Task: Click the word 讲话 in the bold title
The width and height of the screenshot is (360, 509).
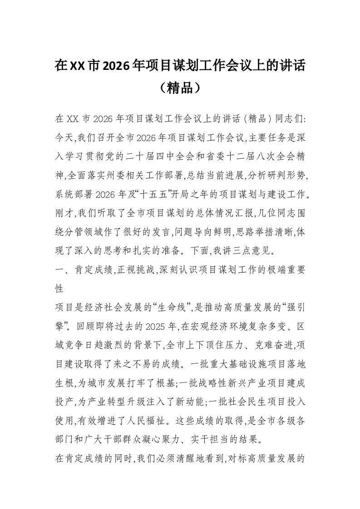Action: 291,66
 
